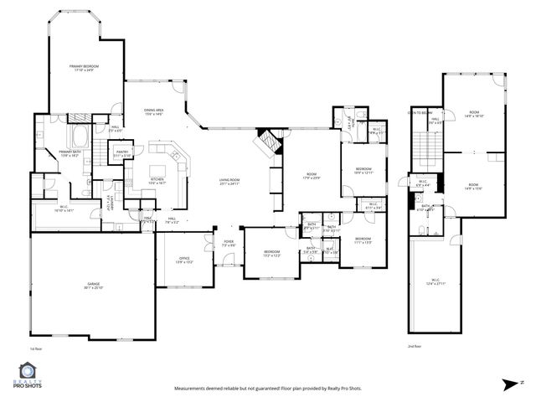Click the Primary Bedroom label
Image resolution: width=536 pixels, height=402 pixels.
pyautogui.click(x=84, y=67)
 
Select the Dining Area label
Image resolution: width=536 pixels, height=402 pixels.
pyautogui.click(x=152, y=112)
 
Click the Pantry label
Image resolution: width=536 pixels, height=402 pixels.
pyautogui.click(x=122, y=153)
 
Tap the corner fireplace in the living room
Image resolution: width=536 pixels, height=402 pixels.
pyautogui.click(x=265, y=141)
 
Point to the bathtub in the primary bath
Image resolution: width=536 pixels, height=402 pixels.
pyautogui.click(x=80, y=135)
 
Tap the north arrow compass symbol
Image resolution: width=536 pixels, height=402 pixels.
pyautogui.click(x=507, y=384)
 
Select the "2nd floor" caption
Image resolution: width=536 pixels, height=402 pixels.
pyautogui.click(x=414, y=346)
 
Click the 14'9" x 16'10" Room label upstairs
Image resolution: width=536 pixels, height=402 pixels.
pyautogui.click(x=475, y=114)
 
